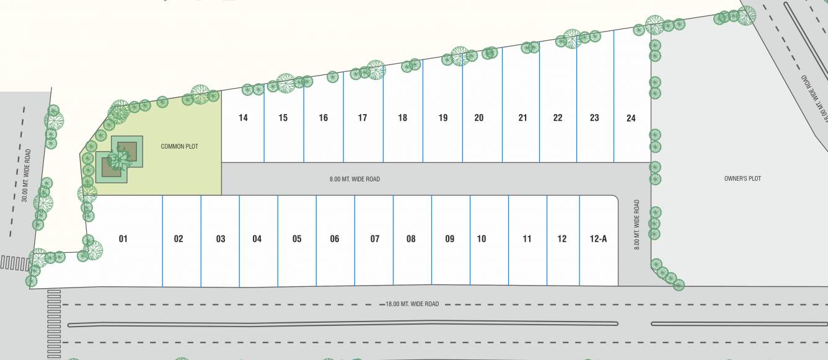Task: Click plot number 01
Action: [123, 239]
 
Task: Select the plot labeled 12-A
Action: [598, 239]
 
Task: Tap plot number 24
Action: [631, 118]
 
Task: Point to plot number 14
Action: [243, 118]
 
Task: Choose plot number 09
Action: [449, 239]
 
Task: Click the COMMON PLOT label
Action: [178, 146]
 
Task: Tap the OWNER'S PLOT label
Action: [742, 178]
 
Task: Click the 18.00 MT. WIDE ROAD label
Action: [412, 304]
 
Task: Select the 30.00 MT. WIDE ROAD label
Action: [26, 175]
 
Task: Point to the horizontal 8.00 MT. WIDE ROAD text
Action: [355, 179]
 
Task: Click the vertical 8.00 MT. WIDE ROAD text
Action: [636, 224]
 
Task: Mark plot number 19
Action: [443, 118]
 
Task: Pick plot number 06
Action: [335, 239]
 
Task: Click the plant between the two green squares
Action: [120, 159]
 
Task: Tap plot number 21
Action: [522, 118]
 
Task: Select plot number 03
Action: [221, 239]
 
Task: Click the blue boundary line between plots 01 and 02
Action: [162, 242]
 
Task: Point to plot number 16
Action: [323, 118]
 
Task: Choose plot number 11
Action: [527, 239]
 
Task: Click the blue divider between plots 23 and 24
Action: [614, 99]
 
